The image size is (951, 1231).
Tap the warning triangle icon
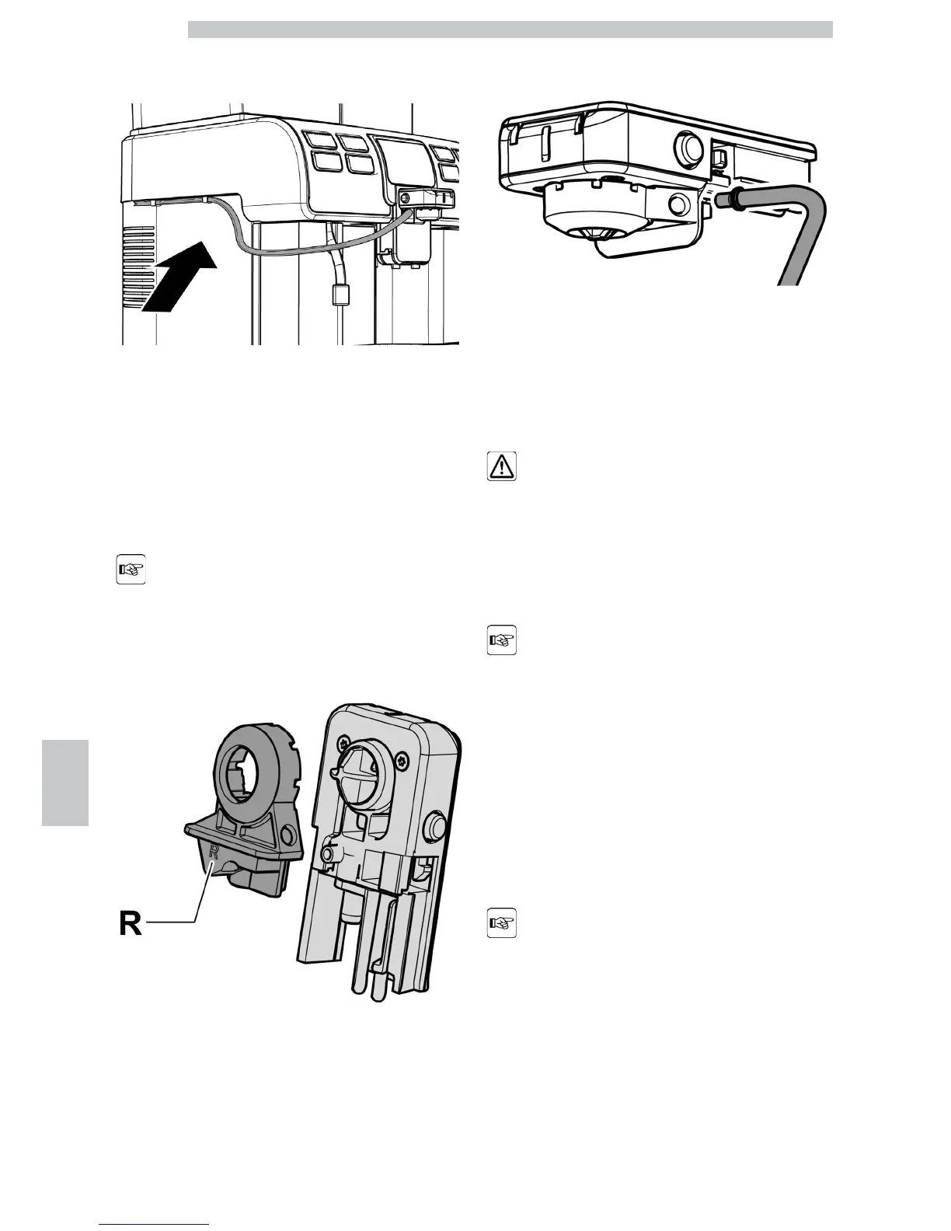(502, 466)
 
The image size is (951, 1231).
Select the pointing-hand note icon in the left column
(131, 570)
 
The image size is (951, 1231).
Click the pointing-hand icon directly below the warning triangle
(502, 641)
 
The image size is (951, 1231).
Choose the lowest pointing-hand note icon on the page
(502, 924)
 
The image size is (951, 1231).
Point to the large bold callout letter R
(130, 923)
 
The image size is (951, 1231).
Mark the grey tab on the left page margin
(65, 783)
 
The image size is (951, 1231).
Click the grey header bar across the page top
(510, 30)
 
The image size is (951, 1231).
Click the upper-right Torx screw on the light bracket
(402, 758)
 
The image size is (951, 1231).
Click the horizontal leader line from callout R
(171, 922)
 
